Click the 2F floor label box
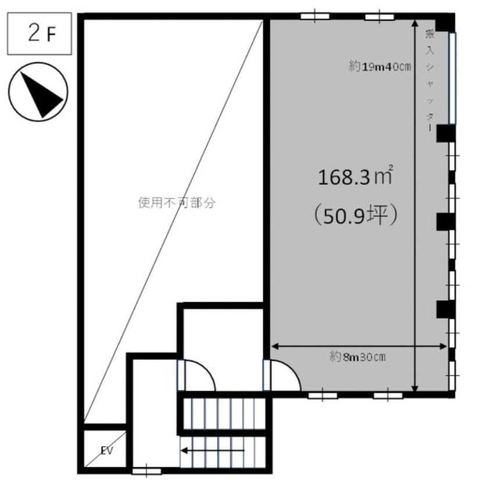pos(40,34)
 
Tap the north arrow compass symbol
pos(38,92)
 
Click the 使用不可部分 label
pos(177,203)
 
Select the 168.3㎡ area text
pos(355,177)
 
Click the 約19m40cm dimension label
pos(380,66)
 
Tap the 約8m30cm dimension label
pos(358,357)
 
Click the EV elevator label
pos(107,450)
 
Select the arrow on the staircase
pos(213,450)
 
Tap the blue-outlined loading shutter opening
pos(452,78)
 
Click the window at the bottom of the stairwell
pos(146,471)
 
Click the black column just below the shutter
pos(446,134)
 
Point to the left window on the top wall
pos(315,16)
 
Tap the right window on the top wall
pos(380,16)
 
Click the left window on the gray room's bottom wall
pos(323,395)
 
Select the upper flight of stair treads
pos(224,413)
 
